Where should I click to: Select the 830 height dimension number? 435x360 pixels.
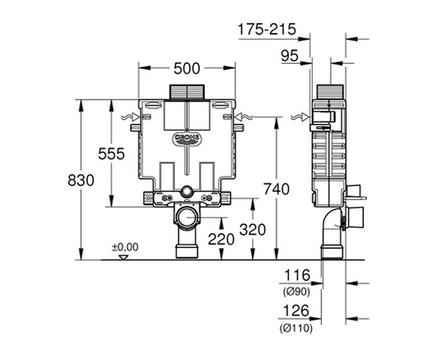(81, 180)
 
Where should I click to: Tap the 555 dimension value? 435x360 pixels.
(111, 153)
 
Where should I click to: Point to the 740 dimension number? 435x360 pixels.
(276, 189)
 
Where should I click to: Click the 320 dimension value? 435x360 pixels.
(252, 229)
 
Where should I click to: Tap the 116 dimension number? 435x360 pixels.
(296, 274)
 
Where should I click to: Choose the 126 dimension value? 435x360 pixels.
(296, 312)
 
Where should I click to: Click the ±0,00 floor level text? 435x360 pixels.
(125, 247)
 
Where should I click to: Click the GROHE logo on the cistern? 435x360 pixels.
(186, 137)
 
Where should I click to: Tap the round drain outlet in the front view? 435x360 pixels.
(185, 218)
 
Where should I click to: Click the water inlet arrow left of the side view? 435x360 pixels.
(298, 117)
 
